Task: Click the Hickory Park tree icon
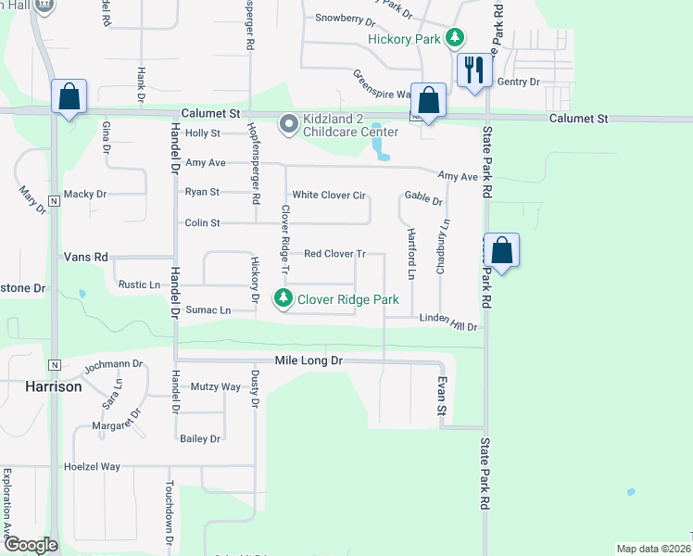[454, 38]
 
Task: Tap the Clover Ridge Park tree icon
[283, 298]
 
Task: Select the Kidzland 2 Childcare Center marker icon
[289, 121]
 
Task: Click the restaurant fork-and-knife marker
[473, 69]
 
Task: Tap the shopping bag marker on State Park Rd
[501, 250]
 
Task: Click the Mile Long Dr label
[309, 360]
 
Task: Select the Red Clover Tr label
[335, 253]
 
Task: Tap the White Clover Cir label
[330, 196]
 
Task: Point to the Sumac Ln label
[208, 310]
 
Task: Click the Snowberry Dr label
[345, 19]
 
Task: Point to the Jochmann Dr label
[113, 365]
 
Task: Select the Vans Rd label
[86, 257]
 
